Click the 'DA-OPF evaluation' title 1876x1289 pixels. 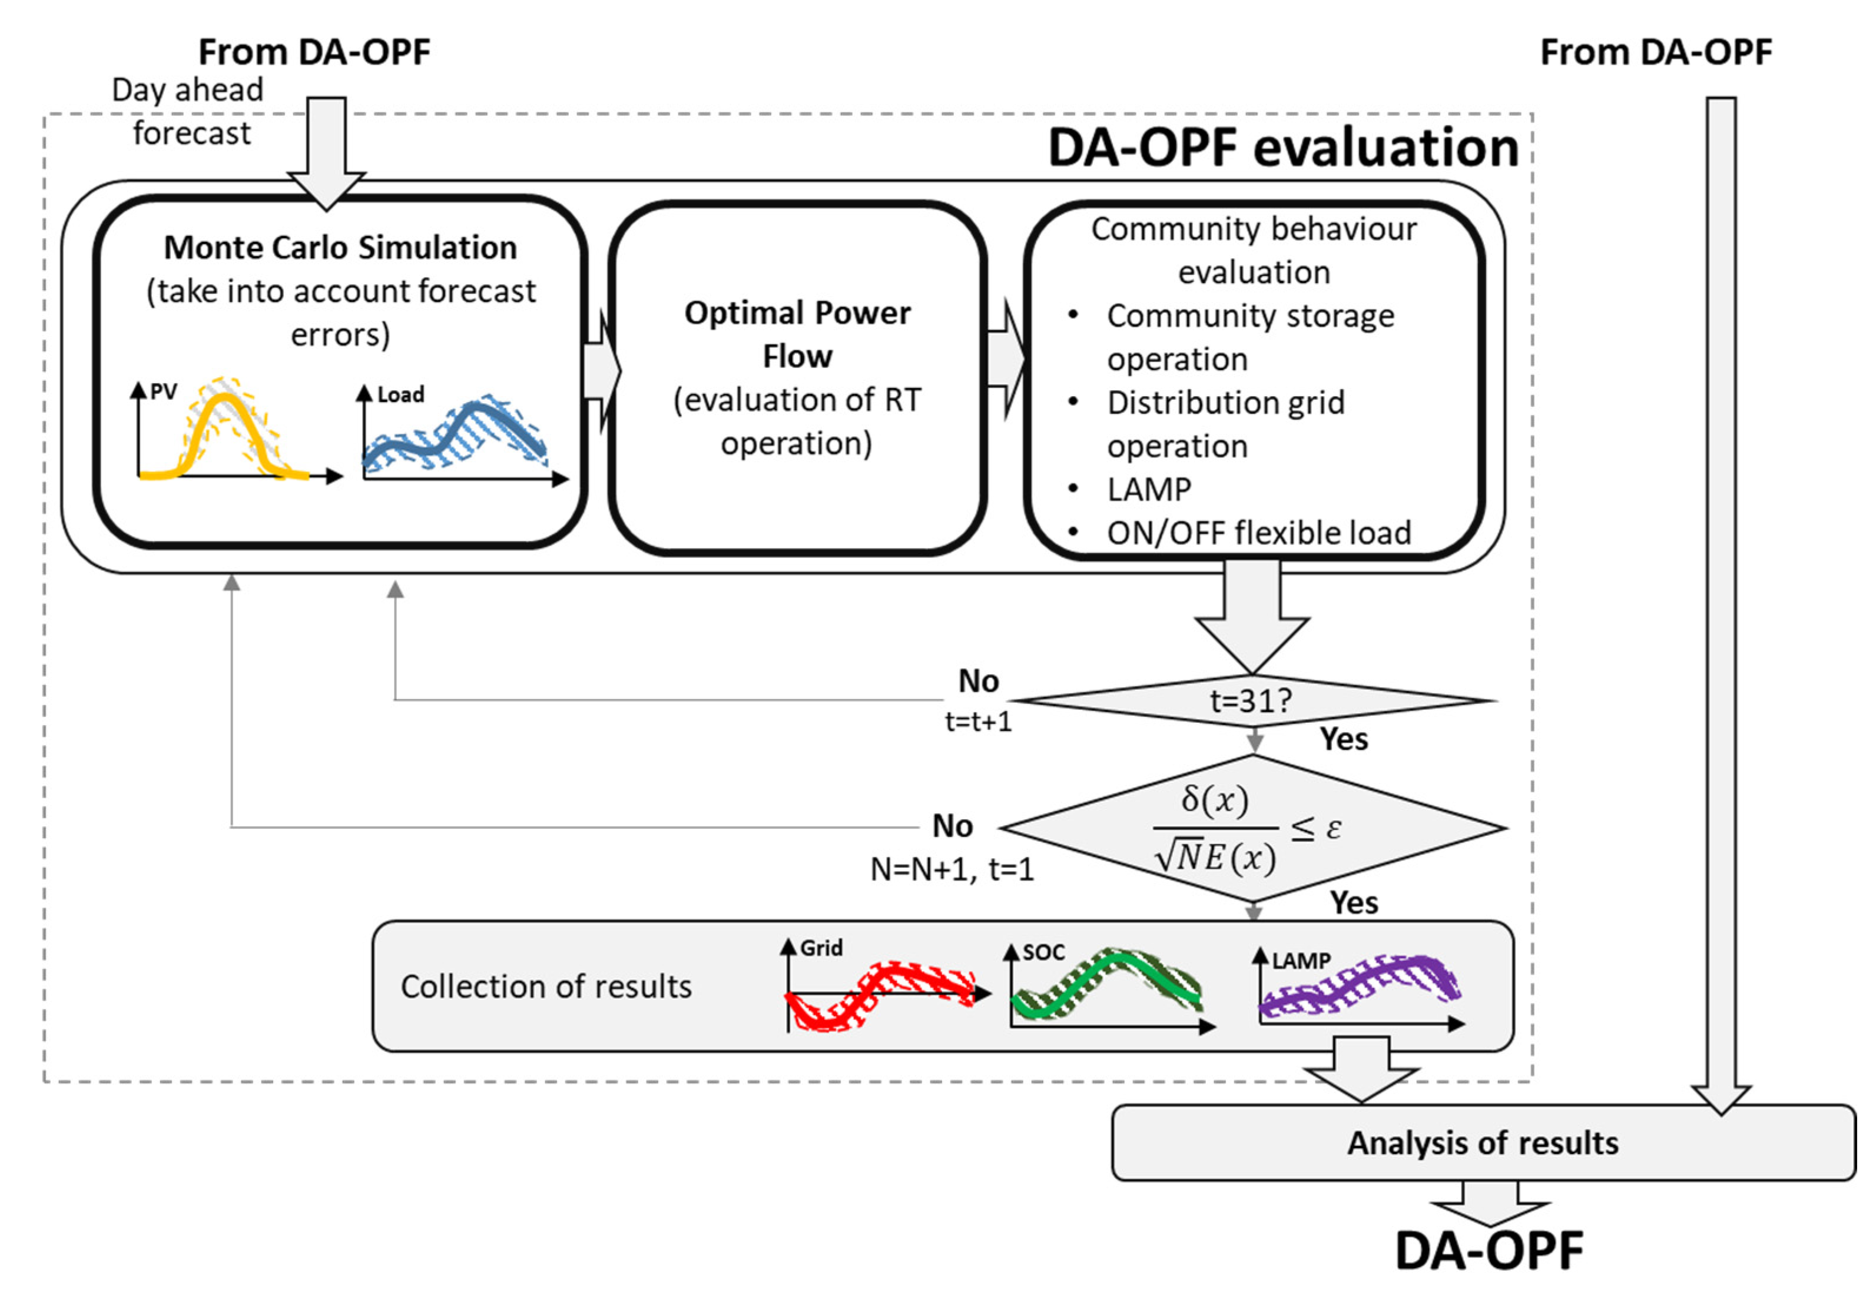pyautogui.click(x=1282, y=148)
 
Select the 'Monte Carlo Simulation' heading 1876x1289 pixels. pyautogui.click(x=340, y=247)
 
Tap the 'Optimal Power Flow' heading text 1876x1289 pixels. pyautogui.click(x=797, y=334)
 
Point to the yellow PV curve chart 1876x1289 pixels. pyautogui.click(x=226, y=432)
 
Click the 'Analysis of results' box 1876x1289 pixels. pyautogui.click(x=1483, y=1143)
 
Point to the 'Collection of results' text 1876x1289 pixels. pyautogui.click(x=546, y=986)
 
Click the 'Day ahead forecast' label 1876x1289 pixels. pyautogui.click(x=190, y=111)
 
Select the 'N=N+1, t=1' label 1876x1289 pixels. pyautogui.click(x=952, y=869)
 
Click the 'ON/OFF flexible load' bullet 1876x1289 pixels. pyautogui.click(x=1258, y=533)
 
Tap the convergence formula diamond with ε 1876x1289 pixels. pyautogui.click(x=1252, y=828)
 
